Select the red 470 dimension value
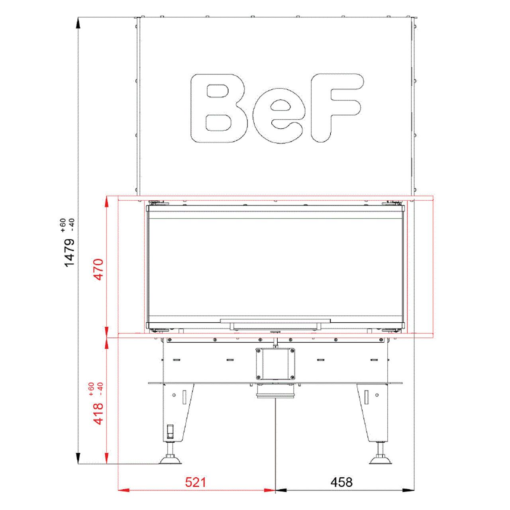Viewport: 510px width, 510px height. coord(99,269)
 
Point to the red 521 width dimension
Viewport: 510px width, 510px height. coord(195,483)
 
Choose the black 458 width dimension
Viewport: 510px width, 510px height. coord(341,483)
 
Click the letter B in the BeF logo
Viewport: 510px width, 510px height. coord(219,108)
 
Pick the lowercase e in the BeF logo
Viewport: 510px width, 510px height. coord(277,116)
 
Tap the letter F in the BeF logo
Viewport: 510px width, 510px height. coord(337,108)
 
